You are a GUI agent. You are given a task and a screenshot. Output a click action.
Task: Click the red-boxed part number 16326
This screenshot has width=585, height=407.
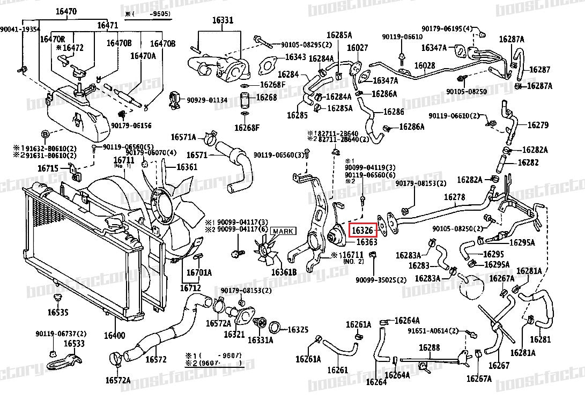click(x=363, y=230)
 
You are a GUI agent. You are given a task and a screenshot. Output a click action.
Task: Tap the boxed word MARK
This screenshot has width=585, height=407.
click(x=283, y=232)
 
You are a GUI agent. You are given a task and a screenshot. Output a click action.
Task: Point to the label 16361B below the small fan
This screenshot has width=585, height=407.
click(x=284, y=272)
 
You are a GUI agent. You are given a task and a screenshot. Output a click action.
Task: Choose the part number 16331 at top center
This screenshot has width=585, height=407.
click(x=223, y=20)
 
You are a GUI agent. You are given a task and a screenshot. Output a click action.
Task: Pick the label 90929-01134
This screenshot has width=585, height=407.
click(x=207, y=100)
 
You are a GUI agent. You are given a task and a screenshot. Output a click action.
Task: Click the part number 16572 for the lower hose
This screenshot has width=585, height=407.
click(x=156, y=359)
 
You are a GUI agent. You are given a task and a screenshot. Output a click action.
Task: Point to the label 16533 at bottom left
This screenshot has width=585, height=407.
click(x=75, y=343)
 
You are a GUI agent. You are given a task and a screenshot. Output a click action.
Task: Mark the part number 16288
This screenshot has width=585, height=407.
click(x=430, y=348)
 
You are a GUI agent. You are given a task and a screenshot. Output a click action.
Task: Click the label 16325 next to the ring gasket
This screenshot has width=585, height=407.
click(x=298, y=329)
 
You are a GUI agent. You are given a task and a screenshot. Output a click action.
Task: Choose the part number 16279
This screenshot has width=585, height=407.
click(x=538, y=125)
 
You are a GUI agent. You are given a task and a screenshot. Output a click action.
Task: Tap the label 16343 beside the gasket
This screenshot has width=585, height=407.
click(x=295, y=57)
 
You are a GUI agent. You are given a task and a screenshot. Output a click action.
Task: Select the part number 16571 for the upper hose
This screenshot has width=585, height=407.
click(x=197, y=155)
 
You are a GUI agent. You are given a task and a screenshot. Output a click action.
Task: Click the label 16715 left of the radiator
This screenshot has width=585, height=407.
click(x=48, y=168)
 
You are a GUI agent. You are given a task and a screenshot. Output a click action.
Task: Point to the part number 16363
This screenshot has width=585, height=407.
click(x=367, y=242)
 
